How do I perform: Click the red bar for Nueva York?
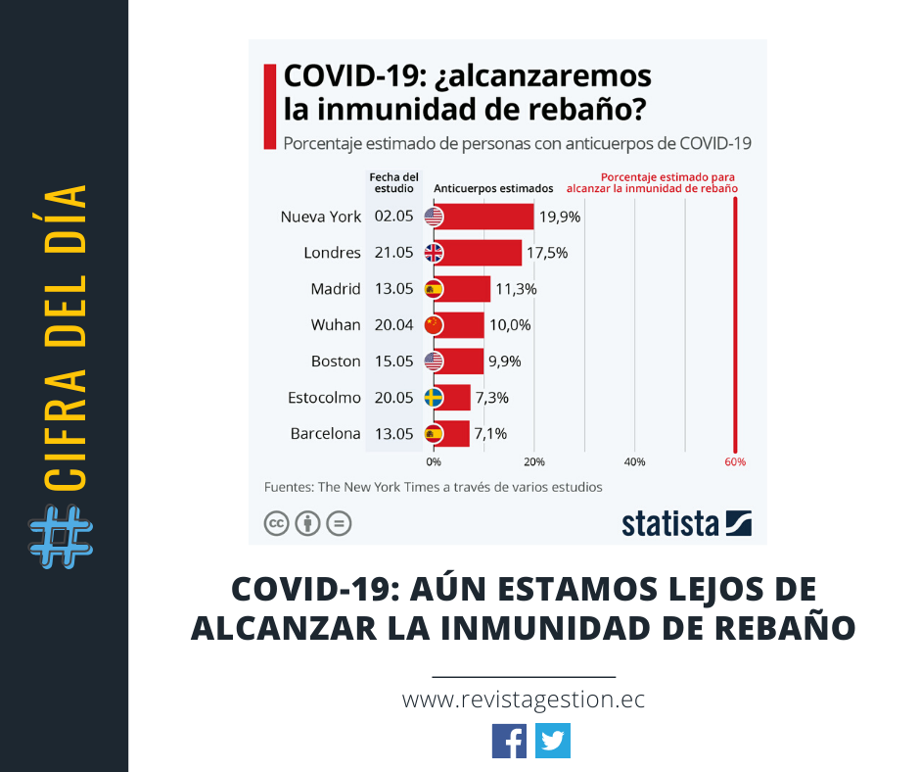point(489,217)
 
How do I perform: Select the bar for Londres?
point(483,253)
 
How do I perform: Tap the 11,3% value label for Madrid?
point(516,289)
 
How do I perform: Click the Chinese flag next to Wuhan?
point(434,325)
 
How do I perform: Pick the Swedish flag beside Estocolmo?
point(434,398)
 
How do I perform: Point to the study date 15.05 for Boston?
point(392,362)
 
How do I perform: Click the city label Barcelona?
point(326,434)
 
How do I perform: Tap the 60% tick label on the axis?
point(735,461)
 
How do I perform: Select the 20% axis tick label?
point(534,461)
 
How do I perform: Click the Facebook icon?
point(509,741)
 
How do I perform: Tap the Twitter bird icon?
point(553,741)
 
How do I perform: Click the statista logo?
point(686,523)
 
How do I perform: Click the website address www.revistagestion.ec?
point(524,700)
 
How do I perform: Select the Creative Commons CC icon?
point(276,524)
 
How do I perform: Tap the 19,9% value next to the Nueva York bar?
point(560,217)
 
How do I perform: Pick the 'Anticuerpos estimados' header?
point(493,188)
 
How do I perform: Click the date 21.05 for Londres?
point(392,253)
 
